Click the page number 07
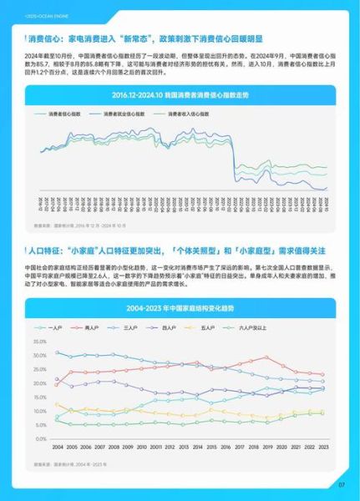(341, 484)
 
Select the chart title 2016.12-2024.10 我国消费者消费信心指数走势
(180, 95)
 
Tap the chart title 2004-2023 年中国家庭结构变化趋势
(181, 285)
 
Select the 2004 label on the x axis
(58, 447)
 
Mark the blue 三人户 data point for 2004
(58, 352)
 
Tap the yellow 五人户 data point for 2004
(58, 409)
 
